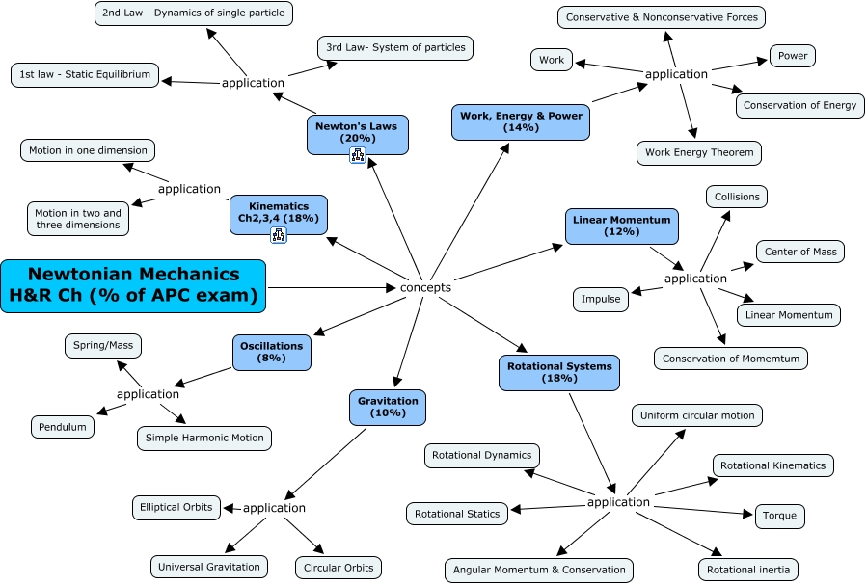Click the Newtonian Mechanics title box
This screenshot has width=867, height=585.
tap(133, 286)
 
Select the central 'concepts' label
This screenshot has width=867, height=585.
tap(425, 287)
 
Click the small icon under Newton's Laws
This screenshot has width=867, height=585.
tap(357, 156)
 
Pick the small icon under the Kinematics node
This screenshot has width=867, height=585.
tap(280, 235)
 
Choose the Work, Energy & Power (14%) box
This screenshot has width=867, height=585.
tap(521, 121)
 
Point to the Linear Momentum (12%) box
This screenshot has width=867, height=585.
tap(621, 226)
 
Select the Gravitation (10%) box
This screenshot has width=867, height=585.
tap(388, 407)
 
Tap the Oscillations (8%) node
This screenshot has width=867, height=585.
tap(271, 352)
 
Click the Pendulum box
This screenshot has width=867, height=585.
tap(63, 427)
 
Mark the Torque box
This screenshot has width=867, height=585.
tap(779, 516)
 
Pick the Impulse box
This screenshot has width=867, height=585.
tap(601, 299)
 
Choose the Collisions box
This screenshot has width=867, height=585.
tap(737, 197)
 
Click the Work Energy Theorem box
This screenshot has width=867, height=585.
tap(699, 152)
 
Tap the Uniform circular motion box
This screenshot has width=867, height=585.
tap(697, 415)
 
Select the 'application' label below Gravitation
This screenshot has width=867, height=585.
tap(274, 508)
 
